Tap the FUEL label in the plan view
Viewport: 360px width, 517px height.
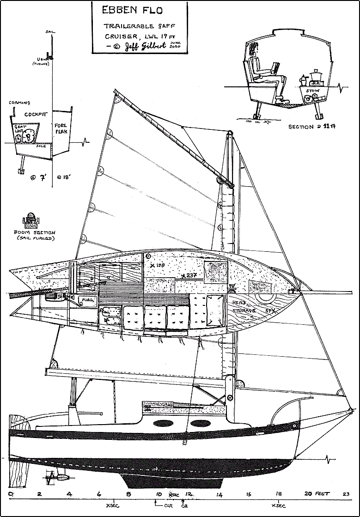tap(87, 300)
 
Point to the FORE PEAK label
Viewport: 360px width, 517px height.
tap(61, 128)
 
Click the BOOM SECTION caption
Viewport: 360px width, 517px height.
tap(35, 233)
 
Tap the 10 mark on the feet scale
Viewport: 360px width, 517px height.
tap(159, 494)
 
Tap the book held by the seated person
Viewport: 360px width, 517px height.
tap(276, 68)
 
